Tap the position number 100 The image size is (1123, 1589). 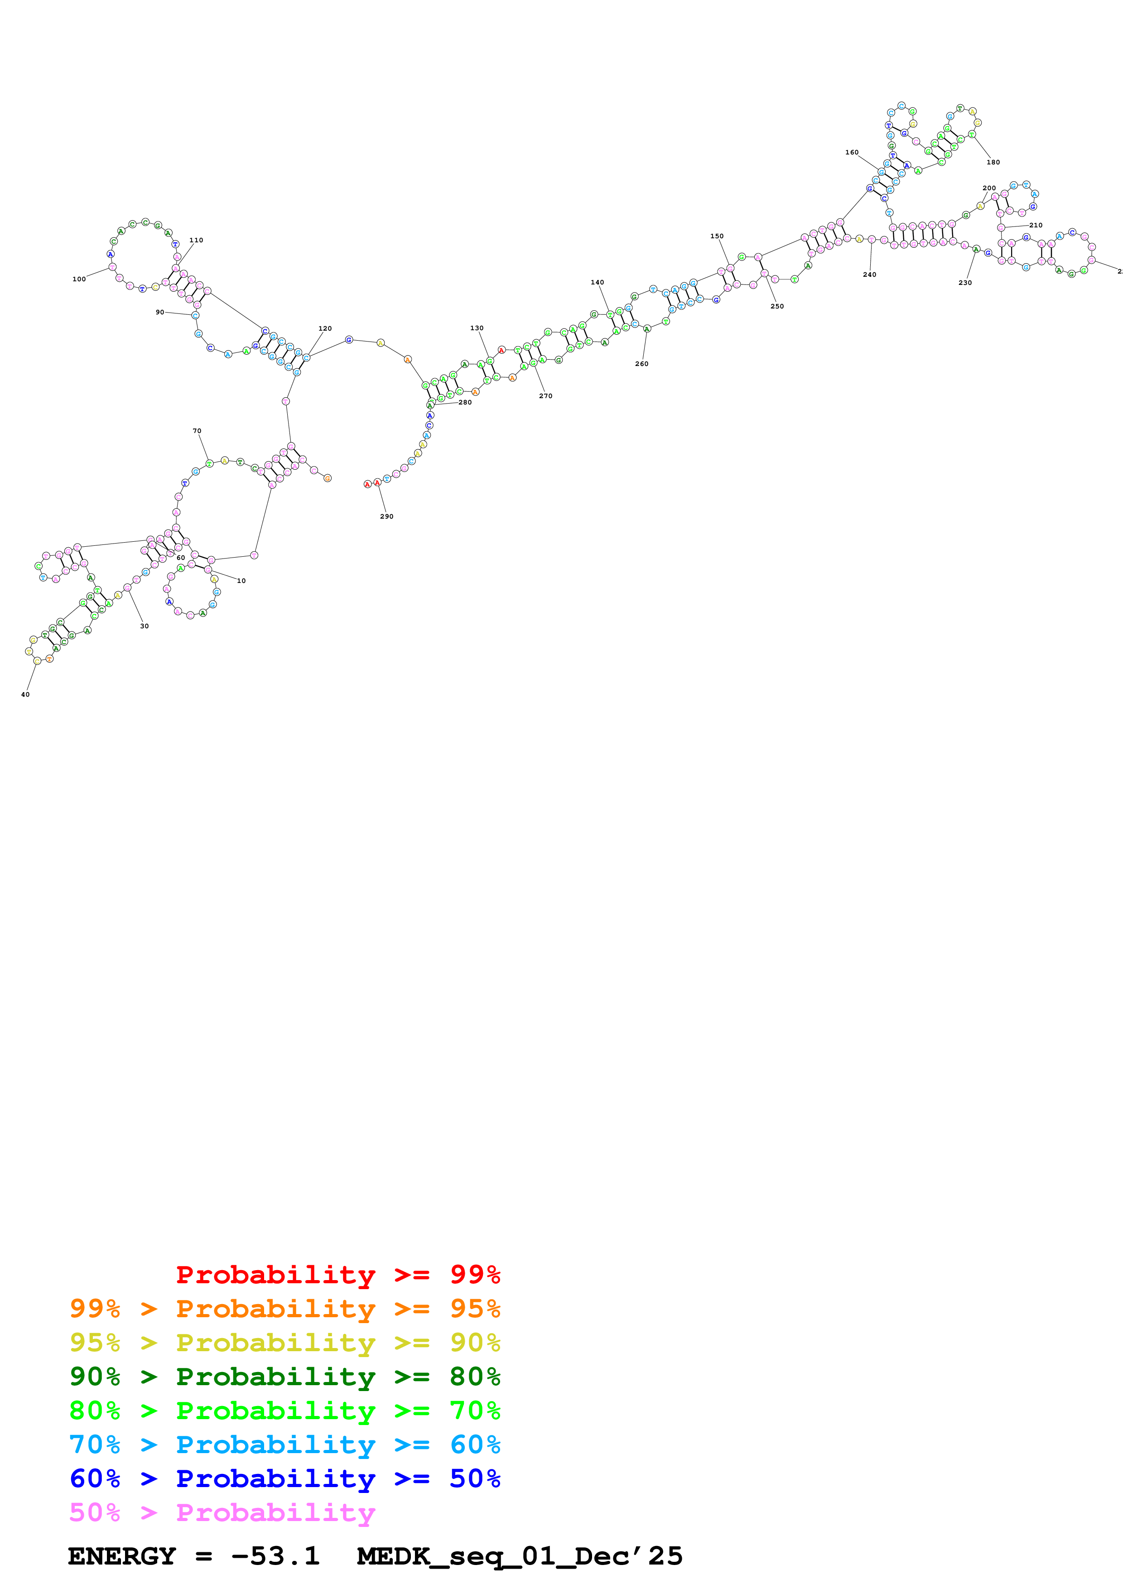(x=79, y=279)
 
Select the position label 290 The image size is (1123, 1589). (x=386, y=516)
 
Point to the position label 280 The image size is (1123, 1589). (x=465, y=402)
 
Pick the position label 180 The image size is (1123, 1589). (x=993, y=162)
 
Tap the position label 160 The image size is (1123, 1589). (x=852, y=152)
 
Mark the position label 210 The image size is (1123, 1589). (x=1036, y=225)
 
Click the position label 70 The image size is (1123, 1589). (x=197, y=430)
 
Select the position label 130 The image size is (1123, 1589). (x=477, y=328)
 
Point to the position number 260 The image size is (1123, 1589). (x=641, y=363)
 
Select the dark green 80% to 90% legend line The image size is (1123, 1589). (x=284, y=1377)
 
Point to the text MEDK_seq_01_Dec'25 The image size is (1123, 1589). (x=519, y=1556)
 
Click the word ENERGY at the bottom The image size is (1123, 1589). (x=122, y=1556)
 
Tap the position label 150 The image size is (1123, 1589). (x=716, y=236)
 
